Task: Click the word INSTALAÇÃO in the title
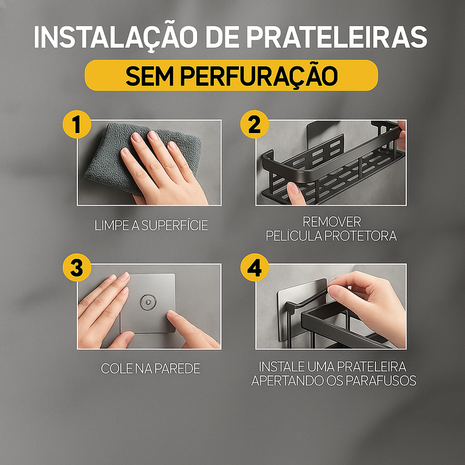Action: pyautogui.click(x=115, y=37)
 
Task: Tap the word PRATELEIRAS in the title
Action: pyautogui.click(x=337, y=37)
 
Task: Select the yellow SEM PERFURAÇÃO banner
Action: pyautogui.click(x=231, y=76)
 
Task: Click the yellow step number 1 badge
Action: pyautogui.click(x=77, y=124)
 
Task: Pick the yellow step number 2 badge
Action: pyautogui.click(x=255, y=124)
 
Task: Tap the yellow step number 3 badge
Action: pyautogui.click(x=77, y=267)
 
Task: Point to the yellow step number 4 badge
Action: pyautogui.click(x=255, y=267)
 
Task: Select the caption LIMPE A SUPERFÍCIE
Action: pyautogui.click(x=151, y=226)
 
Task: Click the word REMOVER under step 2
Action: pyautogui.click(x=331, y=222)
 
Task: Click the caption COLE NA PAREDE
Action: pyautogui.click(x=151, y=369)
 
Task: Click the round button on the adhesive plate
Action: pyautogui.click(x=148, y=302)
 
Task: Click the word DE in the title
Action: pyautogui.click(x=222, y=37)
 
